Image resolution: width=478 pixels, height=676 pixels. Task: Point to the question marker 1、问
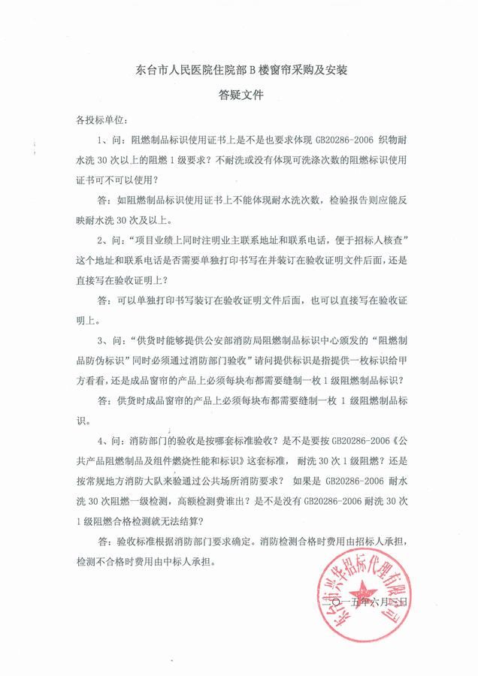(110, 140)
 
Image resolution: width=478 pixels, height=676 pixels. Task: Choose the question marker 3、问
(110, 340)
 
